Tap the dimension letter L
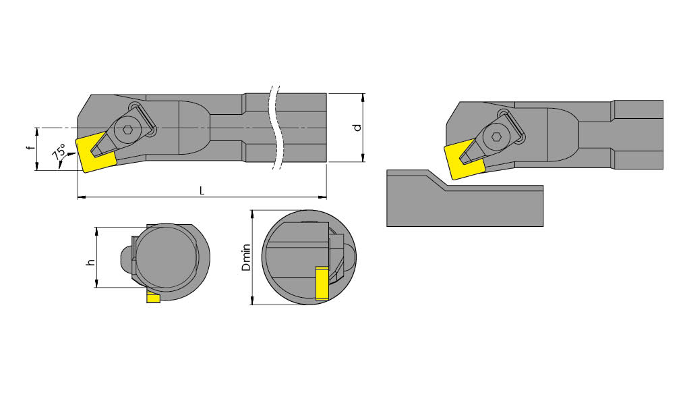(x=202, y=191)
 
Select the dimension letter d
(x=357, y=128)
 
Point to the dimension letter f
(x=30, y=147)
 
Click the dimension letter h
(x=90, y=263)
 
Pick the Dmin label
(x=246, y=258)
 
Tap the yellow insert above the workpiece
(x=464, y=159)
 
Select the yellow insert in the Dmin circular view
(x=322, y=283)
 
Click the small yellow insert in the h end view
(x=153, y=298)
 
